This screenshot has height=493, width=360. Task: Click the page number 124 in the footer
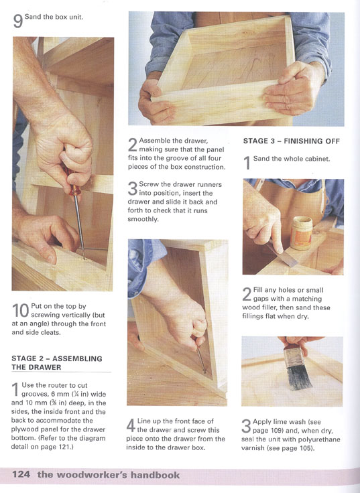[x=21, y=474]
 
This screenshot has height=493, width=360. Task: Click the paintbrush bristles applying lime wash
[x=299, y=378]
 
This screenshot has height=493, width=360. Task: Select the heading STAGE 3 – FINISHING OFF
[x=292, y=141]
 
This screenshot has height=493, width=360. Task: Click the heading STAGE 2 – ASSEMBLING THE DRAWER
[x=57, y=363]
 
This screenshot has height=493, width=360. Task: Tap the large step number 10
[x=21, y=311]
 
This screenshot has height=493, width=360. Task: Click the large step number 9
[x=17, y=21]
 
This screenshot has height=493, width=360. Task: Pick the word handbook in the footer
[x=155, y=475]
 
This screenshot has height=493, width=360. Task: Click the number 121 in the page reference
[x=64, y=447]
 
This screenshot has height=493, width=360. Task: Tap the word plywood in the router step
[x=23, y=429]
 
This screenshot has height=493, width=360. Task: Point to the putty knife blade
[x=286, y=257]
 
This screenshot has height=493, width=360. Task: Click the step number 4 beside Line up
[x=131, y=426]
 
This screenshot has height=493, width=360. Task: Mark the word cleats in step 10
[x=51, y=332]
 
